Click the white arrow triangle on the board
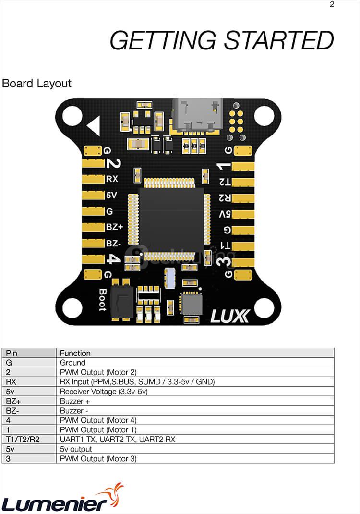(94, 126)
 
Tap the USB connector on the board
(199, 114)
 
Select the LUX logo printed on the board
(230, 316)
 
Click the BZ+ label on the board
(114, 227)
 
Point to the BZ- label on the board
(114, 243)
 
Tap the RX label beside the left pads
(112, 179)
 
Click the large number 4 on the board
(113, 258)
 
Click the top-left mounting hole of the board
(72, 116)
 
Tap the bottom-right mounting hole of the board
(264, 307)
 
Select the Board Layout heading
(36, 83)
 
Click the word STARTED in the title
(279, 40)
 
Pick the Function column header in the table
(75, 353)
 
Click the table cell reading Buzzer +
(75, 401)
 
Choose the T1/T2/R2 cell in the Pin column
(23, 440)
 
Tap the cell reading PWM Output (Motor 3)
(98, 459)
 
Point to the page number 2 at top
(332, 5)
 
